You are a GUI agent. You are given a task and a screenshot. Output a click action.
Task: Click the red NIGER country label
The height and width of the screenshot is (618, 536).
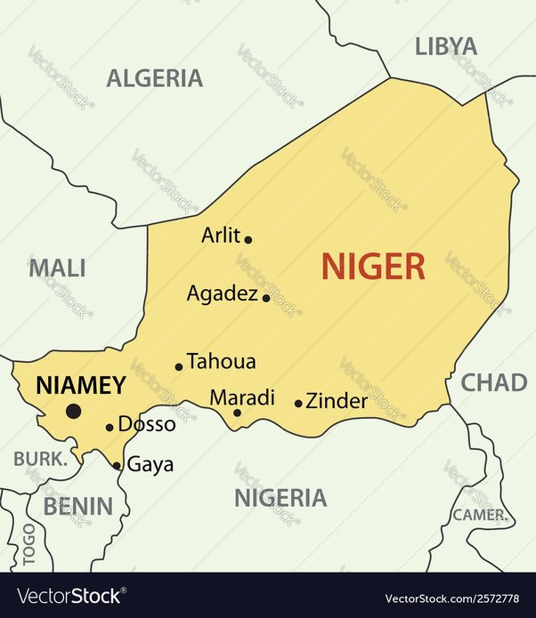[373, 265]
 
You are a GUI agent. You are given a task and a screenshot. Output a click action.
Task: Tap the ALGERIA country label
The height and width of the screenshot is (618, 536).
[155, 78]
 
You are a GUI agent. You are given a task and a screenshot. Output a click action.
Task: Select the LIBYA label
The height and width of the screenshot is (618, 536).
[446, 46]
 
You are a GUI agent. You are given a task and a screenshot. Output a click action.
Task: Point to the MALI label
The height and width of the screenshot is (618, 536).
[57, 268]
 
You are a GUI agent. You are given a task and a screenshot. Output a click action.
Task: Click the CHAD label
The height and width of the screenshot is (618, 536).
[493, 382]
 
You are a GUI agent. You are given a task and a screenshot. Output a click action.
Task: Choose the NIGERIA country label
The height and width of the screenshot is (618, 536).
[280, 497]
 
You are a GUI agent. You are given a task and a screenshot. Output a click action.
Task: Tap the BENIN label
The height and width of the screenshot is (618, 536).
[78, 507]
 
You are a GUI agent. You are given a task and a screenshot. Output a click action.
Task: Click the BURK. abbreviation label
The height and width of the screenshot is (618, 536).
[41, 460]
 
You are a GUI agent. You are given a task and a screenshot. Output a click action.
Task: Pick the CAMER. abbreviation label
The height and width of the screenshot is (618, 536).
[480, 515]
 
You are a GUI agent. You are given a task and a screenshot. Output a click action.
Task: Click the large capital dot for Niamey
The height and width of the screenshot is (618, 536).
[73, 411]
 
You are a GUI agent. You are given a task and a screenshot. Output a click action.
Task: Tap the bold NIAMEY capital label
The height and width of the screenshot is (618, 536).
[80, 385]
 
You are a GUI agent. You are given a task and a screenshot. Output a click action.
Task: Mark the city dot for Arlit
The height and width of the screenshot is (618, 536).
[248, 239]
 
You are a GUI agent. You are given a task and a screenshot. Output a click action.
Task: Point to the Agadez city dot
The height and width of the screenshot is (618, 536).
[266, 298]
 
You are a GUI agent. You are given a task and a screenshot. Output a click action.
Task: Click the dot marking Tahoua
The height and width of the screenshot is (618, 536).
[179, 366]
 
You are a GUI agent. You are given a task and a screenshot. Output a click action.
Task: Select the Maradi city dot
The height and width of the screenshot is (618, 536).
[237, 412]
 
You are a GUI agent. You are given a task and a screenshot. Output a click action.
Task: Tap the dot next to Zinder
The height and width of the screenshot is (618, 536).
[298, 404]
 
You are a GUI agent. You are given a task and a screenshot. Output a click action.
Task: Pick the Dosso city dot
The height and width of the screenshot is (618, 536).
[110, 428]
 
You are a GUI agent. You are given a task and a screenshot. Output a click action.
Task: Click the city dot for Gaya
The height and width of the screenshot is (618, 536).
[118, 465]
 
